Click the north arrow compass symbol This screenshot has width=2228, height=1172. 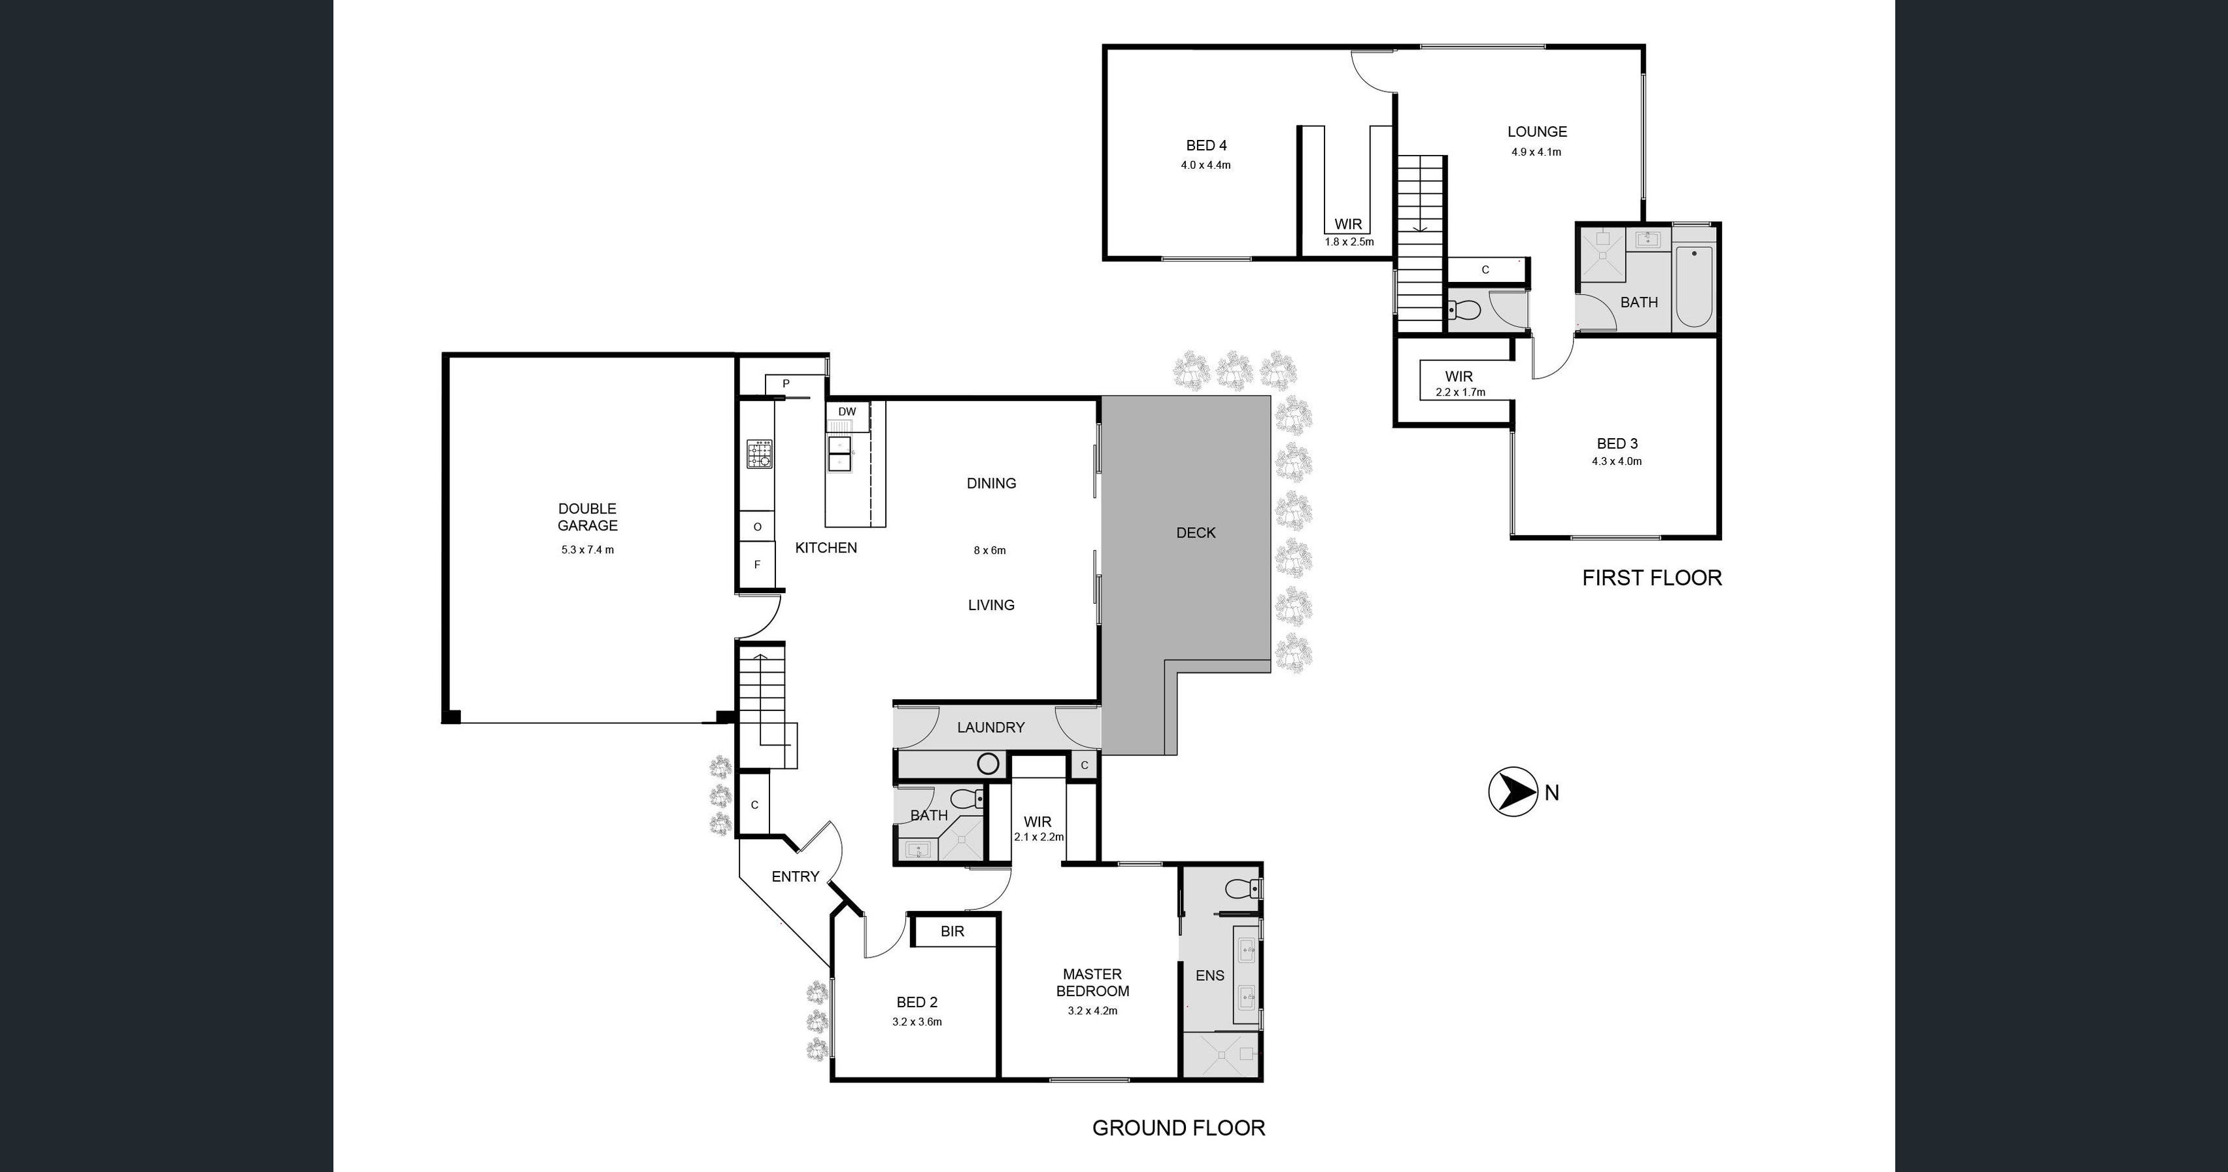pyautogui.click(x=1512, y=791)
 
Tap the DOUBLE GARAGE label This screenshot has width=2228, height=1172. pyautogui.click(x=587, y=517)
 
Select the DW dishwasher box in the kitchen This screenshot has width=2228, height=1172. pyautogui.click(x=847, y=412)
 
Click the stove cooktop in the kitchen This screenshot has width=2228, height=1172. pyautogui.click(x=760, y=454)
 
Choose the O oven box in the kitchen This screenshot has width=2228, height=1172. pyautogui.click(x=757, y=526)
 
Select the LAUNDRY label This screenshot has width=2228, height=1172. pyautogui.click(x=990, y=727)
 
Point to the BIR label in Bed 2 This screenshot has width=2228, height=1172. pyautogui.click(x=953, y=931)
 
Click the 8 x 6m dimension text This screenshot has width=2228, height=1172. pyautogui.click(x=989, y=550)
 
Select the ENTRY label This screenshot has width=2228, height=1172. pyautogui.click(x=795, y=876)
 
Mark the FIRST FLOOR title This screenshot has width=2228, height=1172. pyautogui.click(x=1651, y=577)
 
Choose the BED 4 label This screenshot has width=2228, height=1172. pyautogui.click(x=1206, y=145)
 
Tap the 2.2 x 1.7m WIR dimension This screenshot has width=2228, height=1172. pyautogui.click(x=1460, y=392)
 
